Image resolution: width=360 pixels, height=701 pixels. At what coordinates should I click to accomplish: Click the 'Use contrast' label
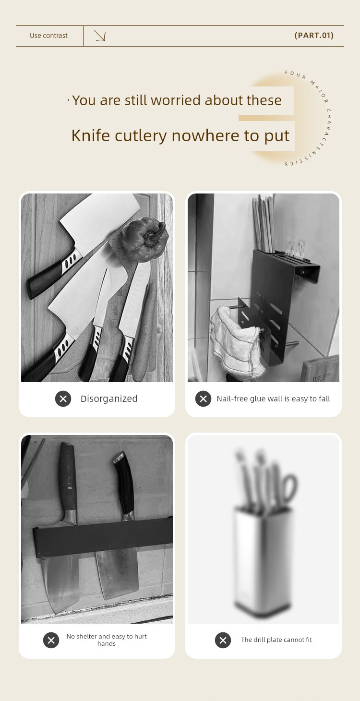pyautogui.click(x=48, y=36)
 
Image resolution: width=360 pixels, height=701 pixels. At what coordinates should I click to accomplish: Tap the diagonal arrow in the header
pyautogui.click(x=100, y=36)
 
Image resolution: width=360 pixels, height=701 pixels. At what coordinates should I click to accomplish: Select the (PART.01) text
pyautogui.click(x=314, y=36)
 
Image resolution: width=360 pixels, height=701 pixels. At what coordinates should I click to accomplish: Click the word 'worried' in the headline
pyautogui.click(x=176, y=100)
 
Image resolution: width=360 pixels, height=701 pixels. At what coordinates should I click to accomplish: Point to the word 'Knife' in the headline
pyautogui.click(x=91, y=135)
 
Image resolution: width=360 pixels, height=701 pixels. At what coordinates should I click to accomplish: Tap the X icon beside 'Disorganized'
pyautogui.click(x=63, y=399)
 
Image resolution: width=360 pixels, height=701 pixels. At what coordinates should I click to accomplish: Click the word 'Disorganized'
pyautogui.click(x=109, y=399)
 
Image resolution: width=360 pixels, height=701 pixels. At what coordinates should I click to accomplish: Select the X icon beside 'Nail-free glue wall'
pyautogui.click(x=204, y=399)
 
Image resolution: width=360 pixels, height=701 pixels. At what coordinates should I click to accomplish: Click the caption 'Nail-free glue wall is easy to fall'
pyautogui.click(x=274, y=399)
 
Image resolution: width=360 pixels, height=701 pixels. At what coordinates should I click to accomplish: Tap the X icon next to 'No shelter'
pyautogui.click(x=51, y=640)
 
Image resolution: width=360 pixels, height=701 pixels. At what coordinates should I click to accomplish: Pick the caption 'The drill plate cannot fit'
pyautogui.click(x=276, y=640)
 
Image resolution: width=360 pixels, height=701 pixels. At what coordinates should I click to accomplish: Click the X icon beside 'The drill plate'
pyautogui.click(x=223, y=640)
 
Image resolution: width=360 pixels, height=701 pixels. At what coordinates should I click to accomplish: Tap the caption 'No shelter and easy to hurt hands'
pyautogui.click(x=107, y=640)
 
